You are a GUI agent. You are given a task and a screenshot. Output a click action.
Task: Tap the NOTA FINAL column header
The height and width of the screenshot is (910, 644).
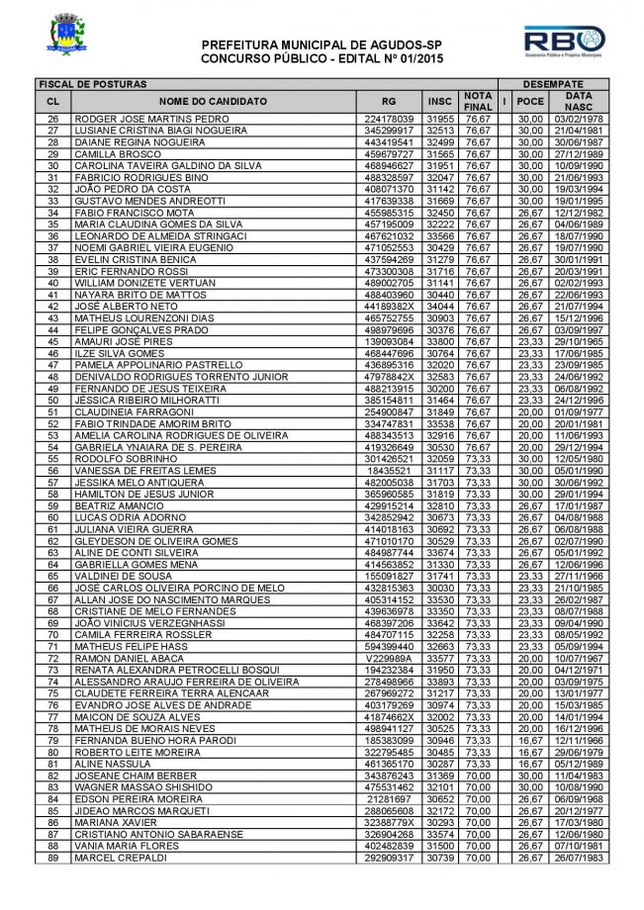pyautogui.click(x=479, y=102)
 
